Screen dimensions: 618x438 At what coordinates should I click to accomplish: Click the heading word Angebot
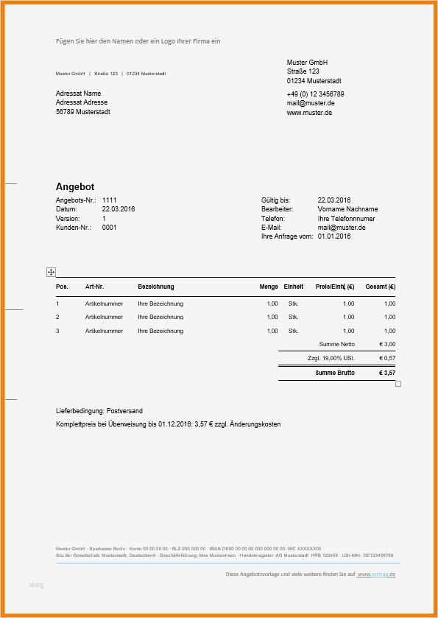point(75,187)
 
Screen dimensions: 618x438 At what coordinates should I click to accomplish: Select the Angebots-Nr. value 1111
point(109,200)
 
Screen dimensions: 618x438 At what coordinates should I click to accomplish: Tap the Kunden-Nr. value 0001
point(109,228)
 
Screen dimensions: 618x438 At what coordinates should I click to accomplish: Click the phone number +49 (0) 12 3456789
point(315,94)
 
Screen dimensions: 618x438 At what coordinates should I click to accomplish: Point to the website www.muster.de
point(309,113)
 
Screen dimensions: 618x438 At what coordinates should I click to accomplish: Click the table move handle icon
point(51,273)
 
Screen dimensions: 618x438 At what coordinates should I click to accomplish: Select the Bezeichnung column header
point(156,287)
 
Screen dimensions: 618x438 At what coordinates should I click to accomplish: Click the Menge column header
point(269,287)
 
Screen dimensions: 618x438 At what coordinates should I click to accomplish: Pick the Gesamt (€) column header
point(381,287)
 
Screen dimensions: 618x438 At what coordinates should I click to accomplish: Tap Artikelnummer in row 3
point(105,331)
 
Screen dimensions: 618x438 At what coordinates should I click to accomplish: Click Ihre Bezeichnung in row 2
point(160,317)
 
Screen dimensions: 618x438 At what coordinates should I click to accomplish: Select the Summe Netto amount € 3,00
point(387,344)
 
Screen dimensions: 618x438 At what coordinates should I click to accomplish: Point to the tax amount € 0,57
point(387,358)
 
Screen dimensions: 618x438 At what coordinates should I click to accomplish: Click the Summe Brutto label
point(335,373)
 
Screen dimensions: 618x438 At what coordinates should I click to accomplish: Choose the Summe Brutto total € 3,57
point(387,373)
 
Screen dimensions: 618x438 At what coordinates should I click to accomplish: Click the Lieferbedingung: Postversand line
point(99,410)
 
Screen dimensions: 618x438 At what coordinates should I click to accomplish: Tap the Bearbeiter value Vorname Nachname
point(347,209)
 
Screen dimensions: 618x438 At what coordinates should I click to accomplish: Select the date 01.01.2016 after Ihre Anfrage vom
point(334,236)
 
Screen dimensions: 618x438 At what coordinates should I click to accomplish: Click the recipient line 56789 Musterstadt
point(83,112)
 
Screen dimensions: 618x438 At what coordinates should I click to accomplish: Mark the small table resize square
point(398,384)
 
